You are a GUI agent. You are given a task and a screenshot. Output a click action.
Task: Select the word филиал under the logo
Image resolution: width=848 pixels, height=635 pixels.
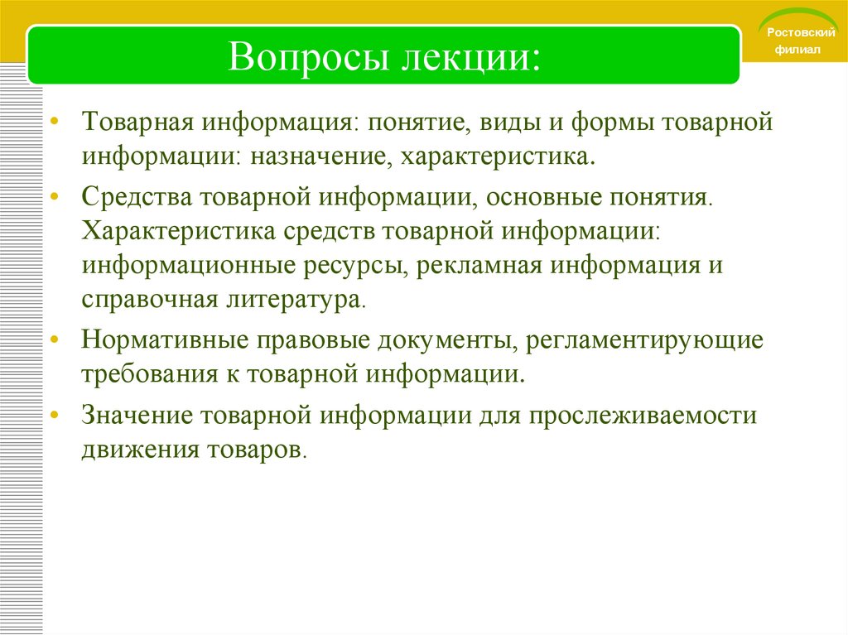pos(796,50)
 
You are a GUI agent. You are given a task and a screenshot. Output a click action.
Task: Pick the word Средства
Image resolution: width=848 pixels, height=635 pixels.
pos(136,198)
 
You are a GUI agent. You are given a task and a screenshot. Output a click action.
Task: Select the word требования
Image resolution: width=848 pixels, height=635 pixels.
pos(144,374)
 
